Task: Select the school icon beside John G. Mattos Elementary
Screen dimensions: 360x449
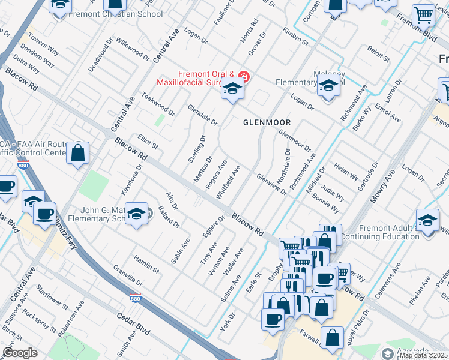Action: (137, 215)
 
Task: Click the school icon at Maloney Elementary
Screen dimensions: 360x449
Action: (328, 86)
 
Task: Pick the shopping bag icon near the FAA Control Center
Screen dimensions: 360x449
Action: (78, 154)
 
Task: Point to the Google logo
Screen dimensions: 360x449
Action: (20, 353)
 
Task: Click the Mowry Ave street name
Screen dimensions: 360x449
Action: (382, 186)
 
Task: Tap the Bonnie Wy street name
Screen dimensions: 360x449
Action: (326, 205)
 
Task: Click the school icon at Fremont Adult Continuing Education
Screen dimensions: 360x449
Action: (427, 220)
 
